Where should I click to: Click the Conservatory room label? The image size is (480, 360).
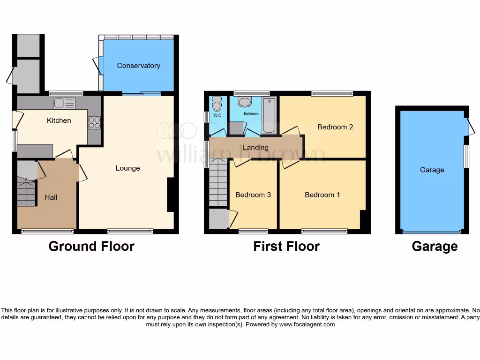coord(138,66)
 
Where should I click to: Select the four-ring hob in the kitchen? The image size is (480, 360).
coord(94,123)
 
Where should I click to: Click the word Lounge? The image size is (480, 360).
coord(127,168)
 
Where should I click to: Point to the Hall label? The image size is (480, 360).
coord(51,197)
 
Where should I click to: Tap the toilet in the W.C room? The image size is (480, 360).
coord(217,103)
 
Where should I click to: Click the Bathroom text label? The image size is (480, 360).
coord(250,113)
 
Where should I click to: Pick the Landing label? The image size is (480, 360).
coord(256,148)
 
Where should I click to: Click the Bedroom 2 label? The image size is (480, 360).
coord(335,127)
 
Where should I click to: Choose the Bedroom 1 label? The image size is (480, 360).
coord(322,195)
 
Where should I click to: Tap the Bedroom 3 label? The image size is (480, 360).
coord(253,195)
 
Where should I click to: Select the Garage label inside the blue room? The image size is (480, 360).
coord(432,170)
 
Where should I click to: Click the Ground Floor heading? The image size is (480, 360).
coord(91,246)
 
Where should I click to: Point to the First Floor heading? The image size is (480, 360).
coord(286,246)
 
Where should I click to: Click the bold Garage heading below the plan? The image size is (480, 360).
coord(435,246)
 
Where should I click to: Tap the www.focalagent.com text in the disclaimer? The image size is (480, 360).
coord(307,324)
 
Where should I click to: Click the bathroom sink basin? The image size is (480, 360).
coord(245,102)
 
